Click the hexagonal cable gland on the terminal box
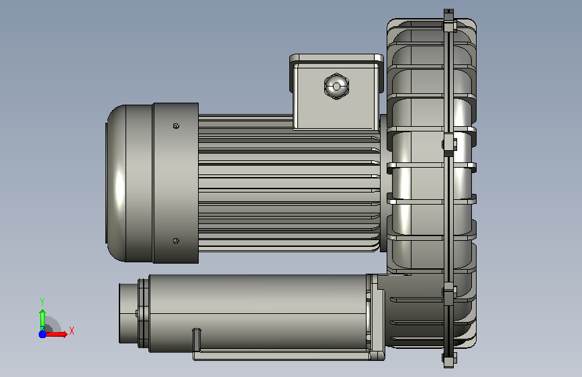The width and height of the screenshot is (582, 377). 336,87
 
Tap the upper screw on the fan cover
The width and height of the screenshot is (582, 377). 176,126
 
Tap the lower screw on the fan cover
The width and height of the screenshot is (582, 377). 176,241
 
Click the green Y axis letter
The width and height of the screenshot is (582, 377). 42,302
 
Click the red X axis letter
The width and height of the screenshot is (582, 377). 72,331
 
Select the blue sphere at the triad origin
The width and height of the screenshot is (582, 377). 42,334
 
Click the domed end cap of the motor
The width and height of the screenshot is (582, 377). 116,183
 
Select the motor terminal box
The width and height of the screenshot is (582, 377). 336,92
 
